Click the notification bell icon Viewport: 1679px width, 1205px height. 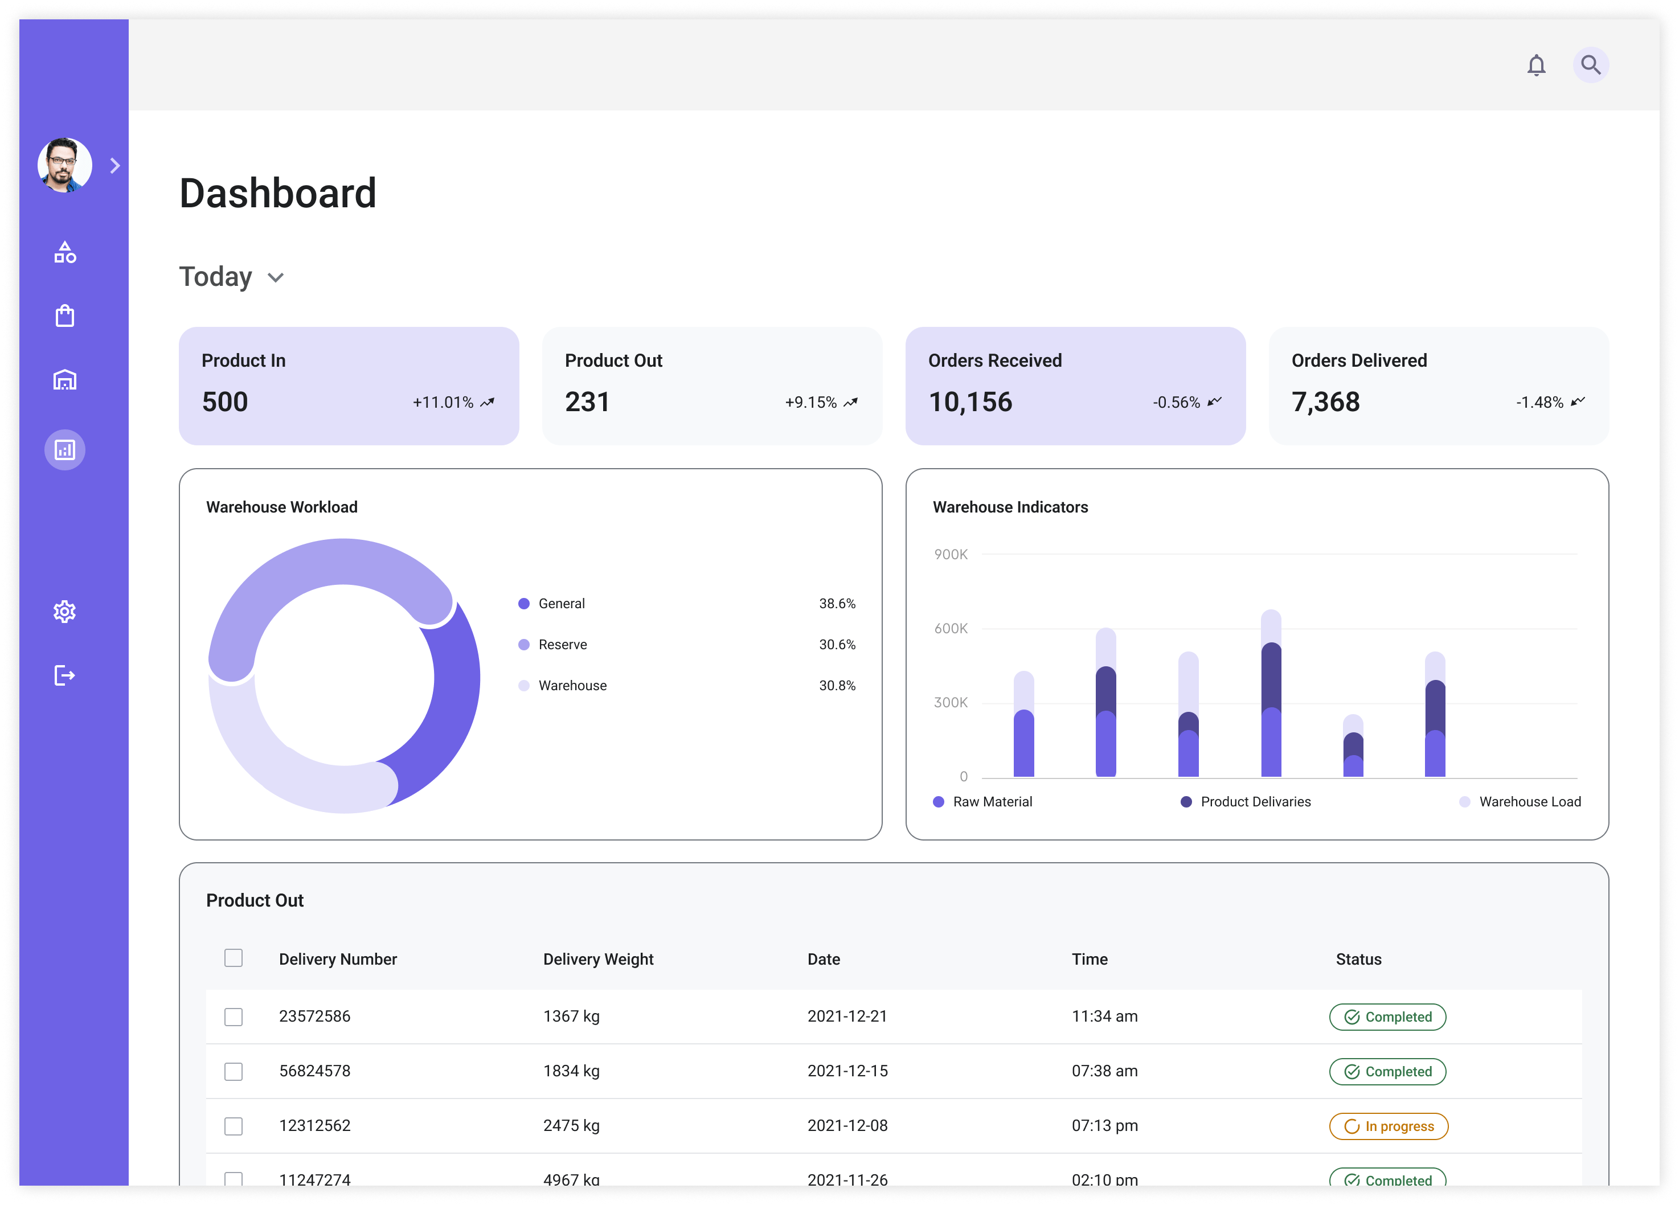coord(1536,65)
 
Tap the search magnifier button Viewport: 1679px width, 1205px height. coord(1590,65)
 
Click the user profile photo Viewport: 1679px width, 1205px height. coord(65,165)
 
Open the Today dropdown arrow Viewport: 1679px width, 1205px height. coord(276,277)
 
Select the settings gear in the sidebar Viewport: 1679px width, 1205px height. coord(65,612)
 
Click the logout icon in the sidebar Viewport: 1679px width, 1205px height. coord(65,675)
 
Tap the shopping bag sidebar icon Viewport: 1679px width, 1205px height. coord(65,316)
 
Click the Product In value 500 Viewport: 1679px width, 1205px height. coord(225,402)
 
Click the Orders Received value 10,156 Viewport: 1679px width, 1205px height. coord(970,402)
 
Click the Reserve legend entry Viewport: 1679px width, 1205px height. coord(562,645)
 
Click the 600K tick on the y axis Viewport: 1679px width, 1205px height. coord(951,628)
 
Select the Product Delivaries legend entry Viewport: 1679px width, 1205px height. coord(1255,802)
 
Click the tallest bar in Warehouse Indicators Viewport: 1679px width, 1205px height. coord(1271,696)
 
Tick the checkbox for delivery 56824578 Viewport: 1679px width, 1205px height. coord(233,1071)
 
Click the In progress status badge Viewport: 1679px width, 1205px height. coord(1388,1126)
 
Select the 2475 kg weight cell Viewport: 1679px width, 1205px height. coord(571,1126)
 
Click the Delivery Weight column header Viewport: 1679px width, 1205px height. coord(598,959)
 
